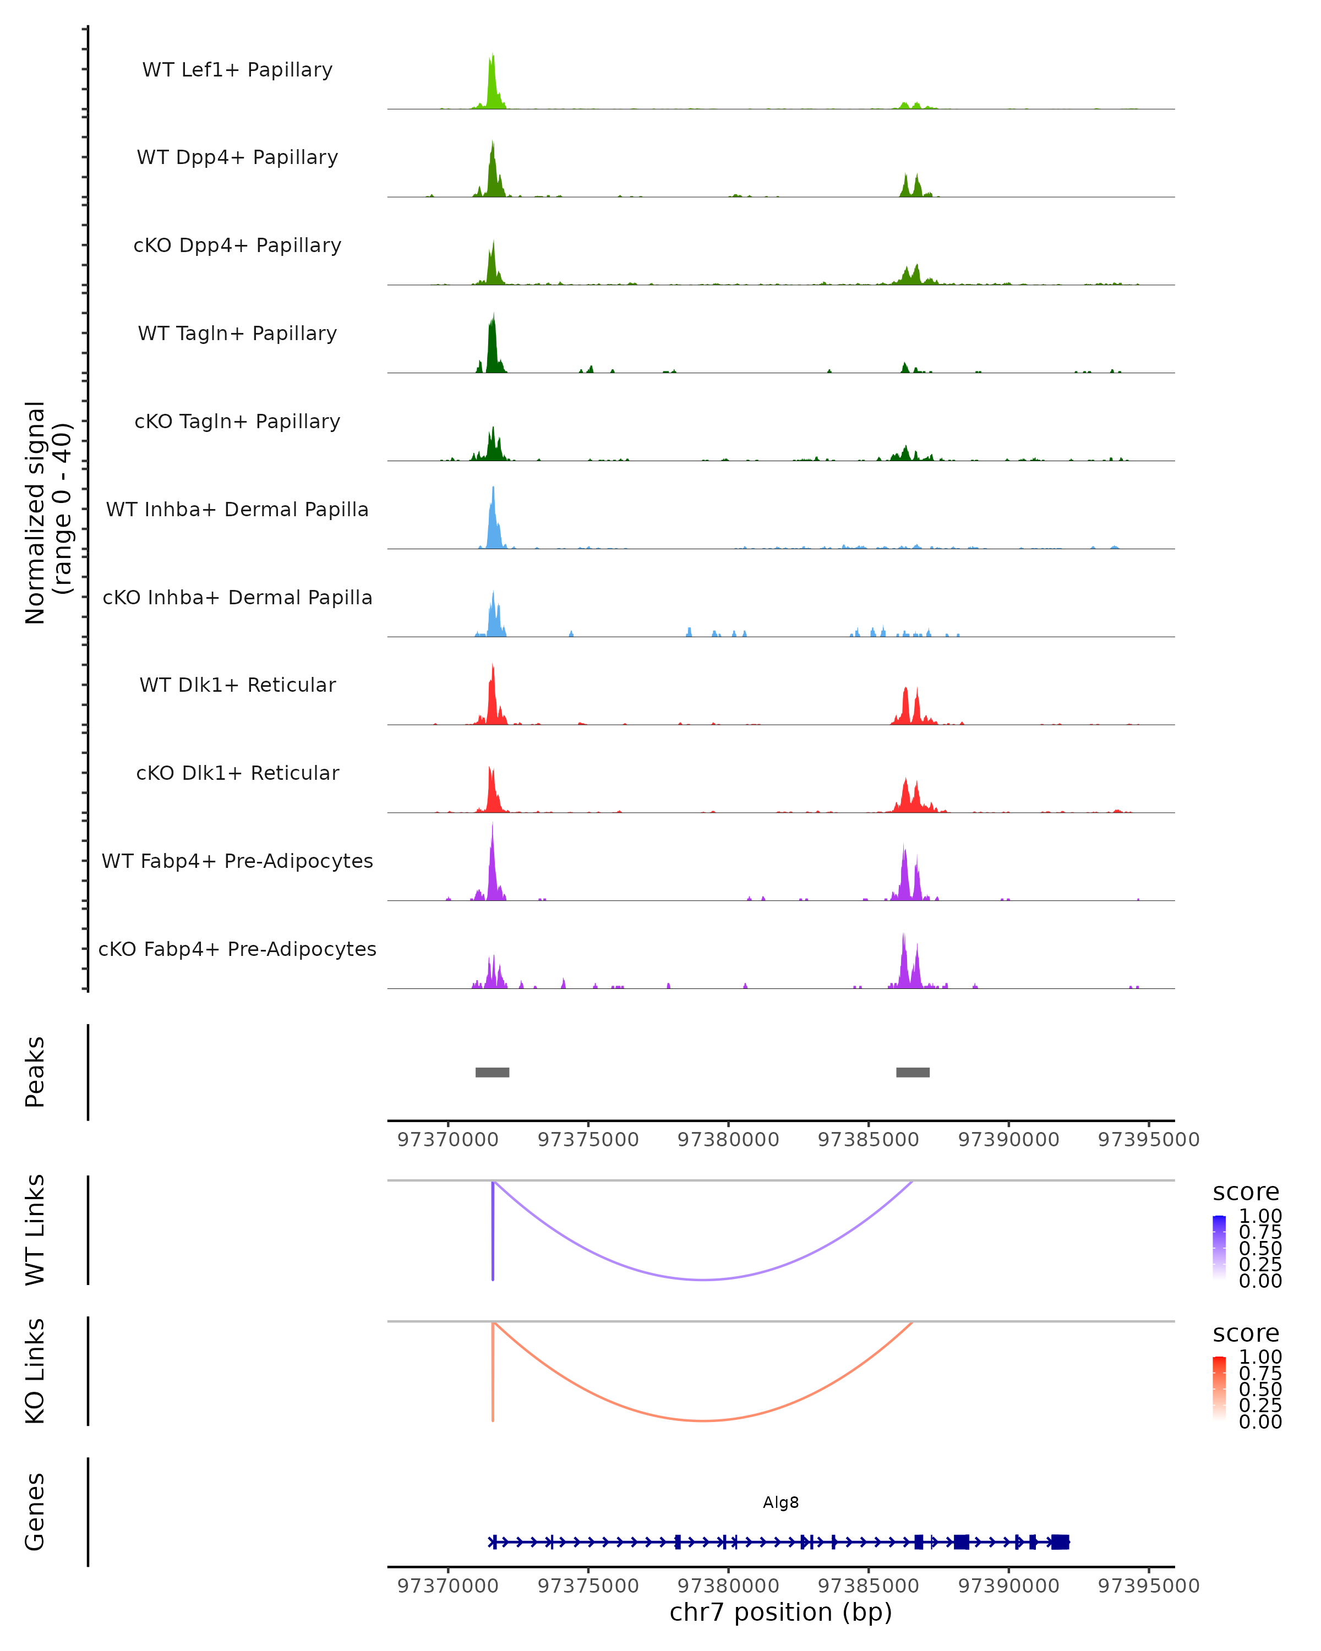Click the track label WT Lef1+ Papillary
(237, 70)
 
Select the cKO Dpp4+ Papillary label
(237, 246)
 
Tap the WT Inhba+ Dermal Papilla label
(237, 510)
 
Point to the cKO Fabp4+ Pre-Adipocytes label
(237, 949)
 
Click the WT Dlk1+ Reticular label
(237, 685)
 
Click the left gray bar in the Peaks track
(493, 1072)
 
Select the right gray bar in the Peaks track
(913, 1072)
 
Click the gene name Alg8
(780, 1502)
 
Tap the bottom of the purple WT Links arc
(704, 1279)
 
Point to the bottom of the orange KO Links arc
(704, 1420)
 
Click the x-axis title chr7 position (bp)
(780, 1612)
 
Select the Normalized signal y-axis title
(47, 512)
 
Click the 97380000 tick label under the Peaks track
(728, 1140)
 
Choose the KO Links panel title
(35, 1371)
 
